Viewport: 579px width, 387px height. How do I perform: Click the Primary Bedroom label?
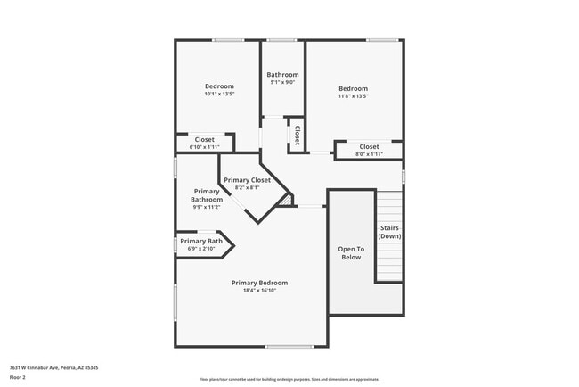259,283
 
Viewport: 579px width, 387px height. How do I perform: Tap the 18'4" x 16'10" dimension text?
259,290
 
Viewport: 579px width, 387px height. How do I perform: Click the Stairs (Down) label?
390,232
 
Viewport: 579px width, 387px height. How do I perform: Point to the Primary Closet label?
247,180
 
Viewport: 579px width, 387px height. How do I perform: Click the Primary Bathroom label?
207,195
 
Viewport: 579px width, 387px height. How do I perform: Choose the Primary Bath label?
201,241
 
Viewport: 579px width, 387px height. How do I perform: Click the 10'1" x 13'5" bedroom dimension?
219,94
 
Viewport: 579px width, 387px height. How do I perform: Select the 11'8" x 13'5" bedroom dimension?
353,96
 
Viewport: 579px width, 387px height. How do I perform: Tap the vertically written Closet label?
297,135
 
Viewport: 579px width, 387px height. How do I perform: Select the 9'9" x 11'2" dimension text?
207,207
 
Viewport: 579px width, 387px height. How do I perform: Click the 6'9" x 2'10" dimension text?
201,249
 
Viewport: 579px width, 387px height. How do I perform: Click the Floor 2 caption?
18,377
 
